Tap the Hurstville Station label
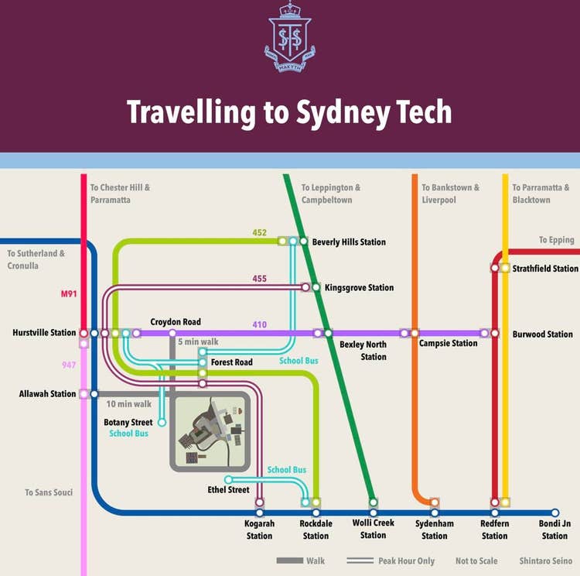pos(44,333)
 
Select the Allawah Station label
pos(48,394)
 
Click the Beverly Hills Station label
pos(349,242)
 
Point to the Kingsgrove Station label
pos(359,288)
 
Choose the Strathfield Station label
pos(545,269)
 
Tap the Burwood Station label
pos(543,334)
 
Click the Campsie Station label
pos(449,343)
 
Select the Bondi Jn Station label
pos(554,530)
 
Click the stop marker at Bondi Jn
pos(555,513)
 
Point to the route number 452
pos(260,232)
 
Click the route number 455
pos(260,279)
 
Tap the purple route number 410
pos(260,324)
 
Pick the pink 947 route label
pos(70,364)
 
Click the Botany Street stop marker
pos(162,423)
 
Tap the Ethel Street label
pos(228,489)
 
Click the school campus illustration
pos(210,432)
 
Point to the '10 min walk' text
pos(129,403)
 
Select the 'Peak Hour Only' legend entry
pos(406,561)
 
